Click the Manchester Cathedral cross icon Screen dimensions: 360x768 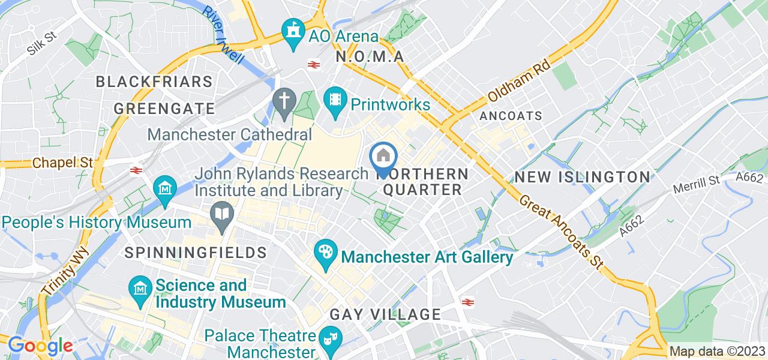(283, 100)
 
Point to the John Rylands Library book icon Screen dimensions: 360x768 (222, 213)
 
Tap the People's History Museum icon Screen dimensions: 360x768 (164, 188)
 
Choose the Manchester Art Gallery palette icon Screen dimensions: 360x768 (325, 251)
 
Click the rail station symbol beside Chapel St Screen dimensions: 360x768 (136, 170)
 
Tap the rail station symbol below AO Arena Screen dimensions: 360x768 (313, 64)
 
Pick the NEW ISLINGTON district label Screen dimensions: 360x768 (582, 177)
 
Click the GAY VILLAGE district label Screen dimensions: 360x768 (385, 314)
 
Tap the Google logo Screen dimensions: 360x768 (40, 346)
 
